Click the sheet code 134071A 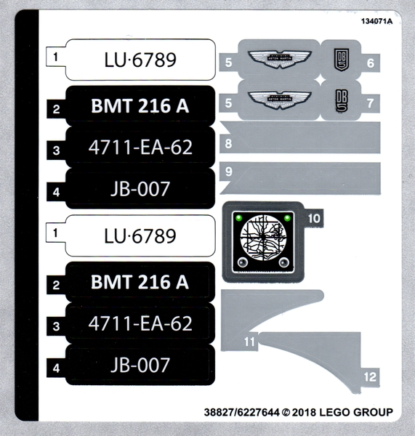pos(376,20)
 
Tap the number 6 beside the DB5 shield pos(370,62)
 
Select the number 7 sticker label pos(369,102)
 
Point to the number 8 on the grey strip pos(228,143)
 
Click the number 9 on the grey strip pos(228,172)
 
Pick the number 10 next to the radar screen pos(314,217)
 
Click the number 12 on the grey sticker pos(371,376)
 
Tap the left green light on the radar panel pos(239,217)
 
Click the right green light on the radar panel pos(288,217)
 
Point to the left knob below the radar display pos(242,262)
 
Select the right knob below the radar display pos(284,262)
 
